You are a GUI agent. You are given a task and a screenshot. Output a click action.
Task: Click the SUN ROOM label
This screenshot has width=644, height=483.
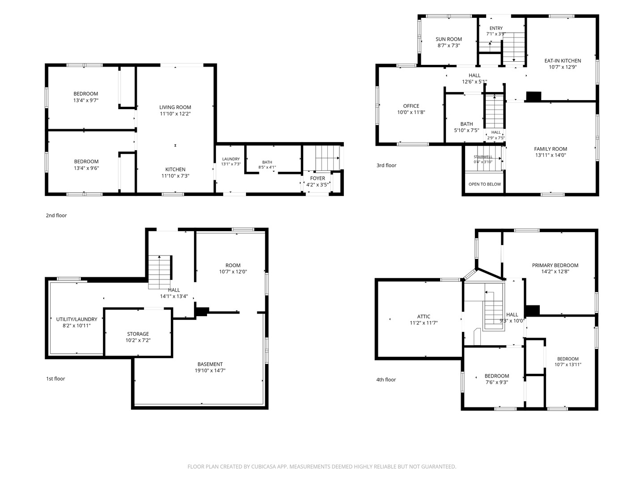[449, 39]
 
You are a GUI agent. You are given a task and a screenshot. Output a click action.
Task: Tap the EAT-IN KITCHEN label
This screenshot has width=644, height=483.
[563, 61]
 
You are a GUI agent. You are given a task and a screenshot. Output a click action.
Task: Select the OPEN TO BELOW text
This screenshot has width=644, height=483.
[485, 184]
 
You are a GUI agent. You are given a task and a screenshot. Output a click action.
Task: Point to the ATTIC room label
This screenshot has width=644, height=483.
[424, 317]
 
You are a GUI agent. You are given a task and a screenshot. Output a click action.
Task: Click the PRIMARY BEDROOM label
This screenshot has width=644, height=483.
[555, 265]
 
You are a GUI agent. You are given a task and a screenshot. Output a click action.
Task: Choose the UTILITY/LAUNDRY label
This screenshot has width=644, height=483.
[76, 319]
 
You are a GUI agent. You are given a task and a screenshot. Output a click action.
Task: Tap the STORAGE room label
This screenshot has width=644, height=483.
[138, 334]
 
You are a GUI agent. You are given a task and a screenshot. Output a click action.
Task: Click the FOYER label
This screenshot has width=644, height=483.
[318, 178]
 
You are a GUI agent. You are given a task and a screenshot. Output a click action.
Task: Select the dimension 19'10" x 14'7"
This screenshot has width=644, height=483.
[210, 370]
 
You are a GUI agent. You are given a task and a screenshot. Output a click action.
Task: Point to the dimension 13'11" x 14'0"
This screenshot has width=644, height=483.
[551, 155]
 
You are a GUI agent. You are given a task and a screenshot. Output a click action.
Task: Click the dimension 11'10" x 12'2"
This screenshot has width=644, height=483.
[175, 114]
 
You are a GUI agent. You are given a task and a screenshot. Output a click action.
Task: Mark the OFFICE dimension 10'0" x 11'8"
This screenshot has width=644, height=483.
[411, 112]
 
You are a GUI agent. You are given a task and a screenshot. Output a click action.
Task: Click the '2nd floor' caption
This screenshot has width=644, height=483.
[56, 215]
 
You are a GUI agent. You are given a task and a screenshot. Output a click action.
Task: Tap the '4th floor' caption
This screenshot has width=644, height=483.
[386, 380]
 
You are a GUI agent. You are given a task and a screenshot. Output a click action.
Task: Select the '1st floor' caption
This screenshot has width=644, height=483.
[55, 379]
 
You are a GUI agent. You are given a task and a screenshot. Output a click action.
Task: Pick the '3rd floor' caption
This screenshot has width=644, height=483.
[386, 165]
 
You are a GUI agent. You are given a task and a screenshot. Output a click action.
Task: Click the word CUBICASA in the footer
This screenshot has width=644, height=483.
[263, 466]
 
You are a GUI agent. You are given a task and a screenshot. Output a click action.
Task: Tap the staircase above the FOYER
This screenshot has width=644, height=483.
[327, 158]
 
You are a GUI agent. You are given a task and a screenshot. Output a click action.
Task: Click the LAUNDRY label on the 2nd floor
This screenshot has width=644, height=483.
[231, 159]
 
